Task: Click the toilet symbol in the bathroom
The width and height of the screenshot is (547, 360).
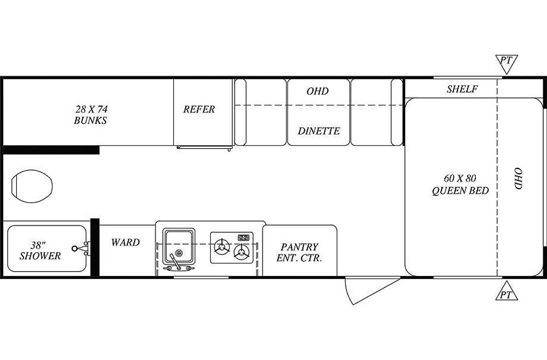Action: click(x=32, y=186)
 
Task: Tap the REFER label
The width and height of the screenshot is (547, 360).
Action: click(x=199, y=109)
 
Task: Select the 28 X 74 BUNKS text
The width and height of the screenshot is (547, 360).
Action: click(x=91, y=115)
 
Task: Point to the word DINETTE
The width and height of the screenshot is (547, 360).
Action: click(x=319, y=131)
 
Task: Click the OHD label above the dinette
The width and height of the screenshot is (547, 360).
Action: click(x=317, y=91)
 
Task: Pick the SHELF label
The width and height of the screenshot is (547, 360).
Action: click(x=462, y=89)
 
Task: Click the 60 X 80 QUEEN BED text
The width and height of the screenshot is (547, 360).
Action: click(x=460, y=185)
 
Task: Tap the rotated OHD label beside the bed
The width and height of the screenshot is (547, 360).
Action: click(x=518, y=179)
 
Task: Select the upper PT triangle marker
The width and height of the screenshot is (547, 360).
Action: click(x=506, y=63)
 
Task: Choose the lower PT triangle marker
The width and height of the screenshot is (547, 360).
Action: click(x=506, y=292)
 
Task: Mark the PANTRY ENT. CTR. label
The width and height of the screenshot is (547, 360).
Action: click(x=299, y=252)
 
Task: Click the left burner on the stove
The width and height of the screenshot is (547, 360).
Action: click(x=222, y=247)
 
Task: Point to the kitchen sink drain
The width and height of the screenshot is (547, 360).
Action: click(x=179, y=253)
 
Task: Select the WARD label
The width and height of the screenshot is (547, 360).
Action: click(x=125, y=242)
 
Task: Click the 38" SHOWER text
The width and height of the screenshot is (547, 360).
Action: click(x=40, y=251)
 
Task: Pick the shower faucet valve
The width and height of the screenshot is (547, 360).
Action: click(x=81, y=248)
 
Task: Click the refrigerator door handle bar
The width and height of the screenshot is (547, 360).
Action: click(x=205, y=147)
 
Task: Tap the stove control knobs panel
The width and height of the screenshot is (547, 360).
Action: click(x=244, y=237)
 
